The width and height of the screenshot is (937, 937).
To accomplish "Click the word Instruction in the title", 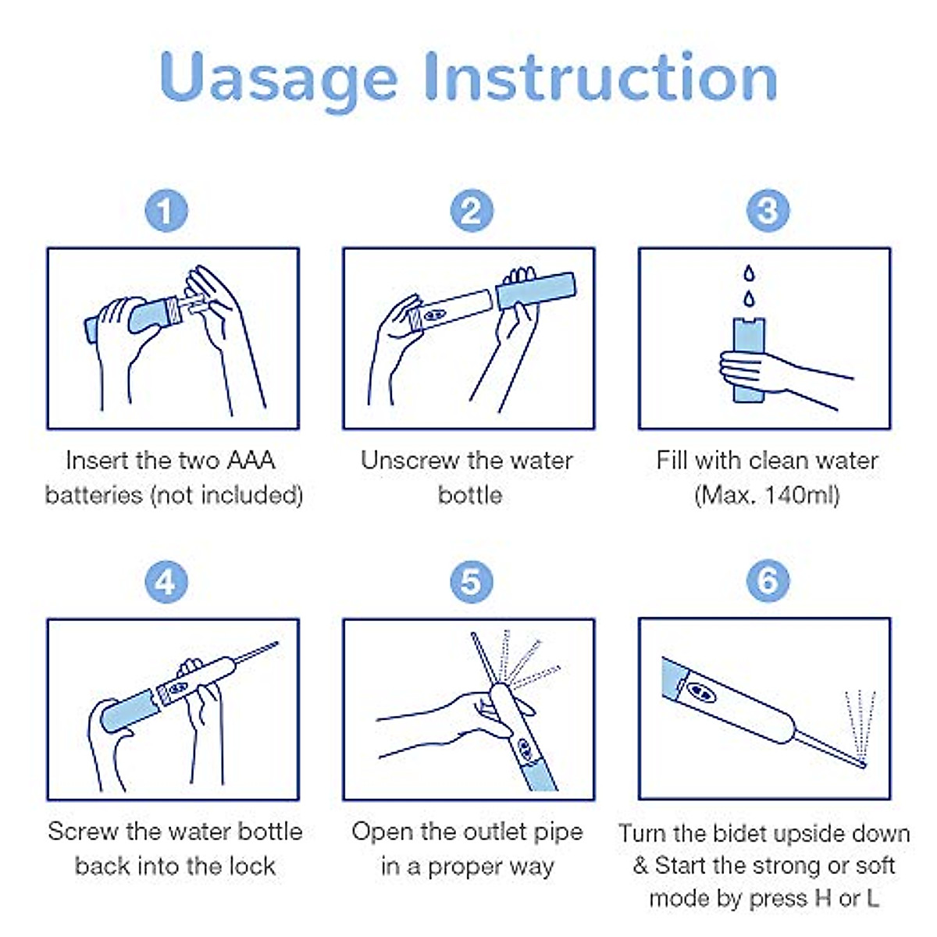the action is pos(601,77).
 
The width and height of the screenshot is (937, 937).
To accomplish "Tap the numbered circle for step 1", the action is pos(166,211).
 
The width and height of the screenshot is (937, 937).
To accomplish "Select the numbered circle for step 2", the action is pos(471,211).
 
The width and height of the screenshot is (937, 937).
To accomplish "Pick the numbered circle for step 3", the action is pos(768,211).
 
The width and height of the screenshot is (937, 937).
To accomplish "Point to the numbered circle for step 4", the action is pos(166,582).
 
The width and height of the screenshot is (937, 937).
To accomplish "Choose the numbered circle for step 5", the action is pos(471,582).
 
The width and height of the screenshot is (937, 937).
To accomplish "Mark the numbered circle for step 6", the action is pos(768,581).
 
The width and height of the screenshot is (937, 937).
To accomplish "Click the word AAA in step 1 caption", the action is pos(251,460).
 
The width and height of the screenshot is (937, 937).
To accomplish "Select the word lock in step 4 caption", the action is pos(255,867).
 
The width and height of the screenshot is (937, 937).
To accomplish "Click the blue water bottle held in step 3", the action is pos(749,360).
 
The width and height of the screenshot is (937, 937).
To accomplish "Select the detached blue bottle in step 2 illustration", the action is pos(536,290).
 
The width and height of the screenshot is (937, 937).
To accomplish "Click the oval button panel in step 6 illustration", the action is pos(701,692).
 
